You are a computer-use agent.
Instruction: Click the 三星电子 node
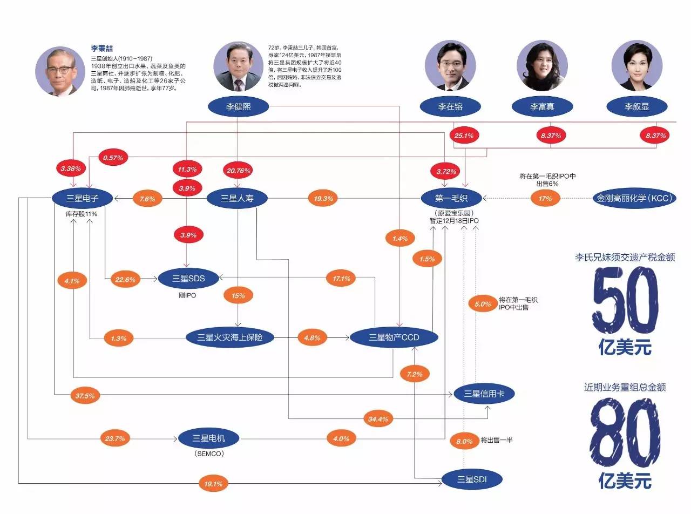pos(83,198)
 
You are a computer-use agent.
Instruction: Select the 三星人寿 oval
pos(238,198)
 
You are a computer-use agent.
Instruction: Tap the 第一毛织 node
pos(450,198)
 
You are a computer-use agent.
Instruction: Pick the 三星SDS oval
pos(188,279)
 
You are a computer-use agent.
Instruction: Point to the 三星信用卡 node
pos(484,394)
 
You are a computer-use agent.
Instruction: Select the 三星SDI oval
pos(472,478)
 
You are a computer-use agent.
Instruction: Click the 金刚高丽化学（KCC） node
pos(634,198)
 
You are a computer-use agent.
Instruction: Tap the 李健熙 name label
pos(238,106)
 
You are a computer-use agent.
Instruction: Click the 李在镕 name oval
pos(450,106)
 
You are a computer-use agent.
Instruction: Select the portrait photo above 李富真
pos(541,65)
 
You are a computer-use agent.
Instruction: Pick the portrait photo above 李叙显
pos(636,65)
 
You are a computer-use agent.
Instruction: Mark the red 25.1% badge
pos(464,136)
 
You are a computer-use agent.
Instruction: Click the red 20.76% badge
pos(238,171)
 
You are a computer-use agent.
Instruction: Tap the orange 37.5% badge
pos(85,396)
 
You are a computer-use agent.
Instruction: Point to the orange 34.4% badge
pos(378,418)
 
